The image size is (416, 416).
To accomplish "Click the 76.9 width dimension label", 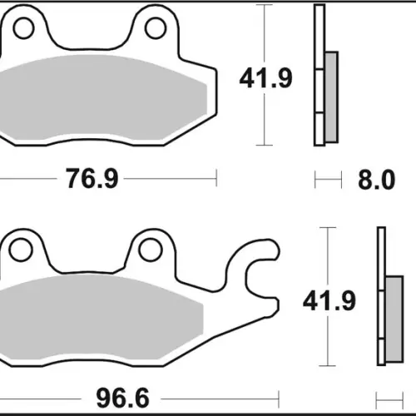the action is [x=92, y=179].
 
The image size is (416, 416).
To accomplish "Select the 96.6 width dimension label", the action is [x=122, y=399].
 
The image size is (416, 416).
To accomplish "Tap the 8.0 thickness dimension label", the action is [x=376, y=180].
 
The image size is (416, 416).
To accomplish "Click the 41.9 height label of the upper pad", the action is [x=265, y=78].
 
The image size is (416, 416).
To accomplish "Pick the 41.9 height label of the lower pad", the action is [x=329, y=301].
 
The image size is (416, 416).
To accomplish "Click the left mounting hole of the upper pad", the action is [x=23, y=27].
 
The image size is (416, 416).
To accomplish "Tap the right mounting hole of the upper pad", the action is [x=156, y=27].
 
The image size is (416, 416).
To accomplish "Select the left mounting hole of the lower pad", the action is [x=21, y=250].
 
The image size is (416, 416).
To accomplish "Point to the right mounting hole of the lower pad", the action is [x=151, y=250].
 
